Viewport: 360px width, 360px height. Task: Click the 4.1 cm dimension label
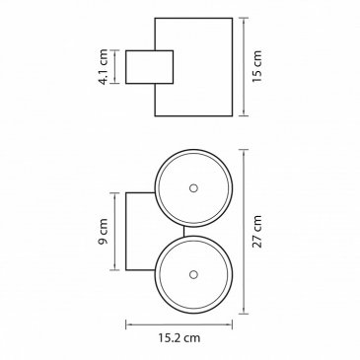pos(104,67)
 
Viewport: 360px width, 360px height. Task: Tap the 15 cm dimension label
pos(256,66)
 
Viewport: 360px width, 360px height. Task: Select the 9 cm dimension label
pos(104,231)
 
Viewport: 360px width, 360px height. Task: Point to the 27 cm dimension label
pos(256,231)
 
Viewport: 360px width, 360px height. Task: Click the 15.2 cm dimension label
pos(180,337)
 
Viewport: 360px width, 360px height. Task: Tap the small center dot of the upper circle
pos(193,188)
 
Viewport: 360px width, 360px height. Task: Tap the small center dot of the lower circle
pos(193,274)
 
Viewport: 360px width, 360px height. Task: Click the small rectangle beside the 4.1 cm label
pos(149,67)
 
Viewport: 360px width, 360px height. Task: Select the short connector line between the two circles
pos(184,232)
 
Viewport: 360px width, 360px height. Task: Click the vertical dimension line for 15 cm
pos(244,67)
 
